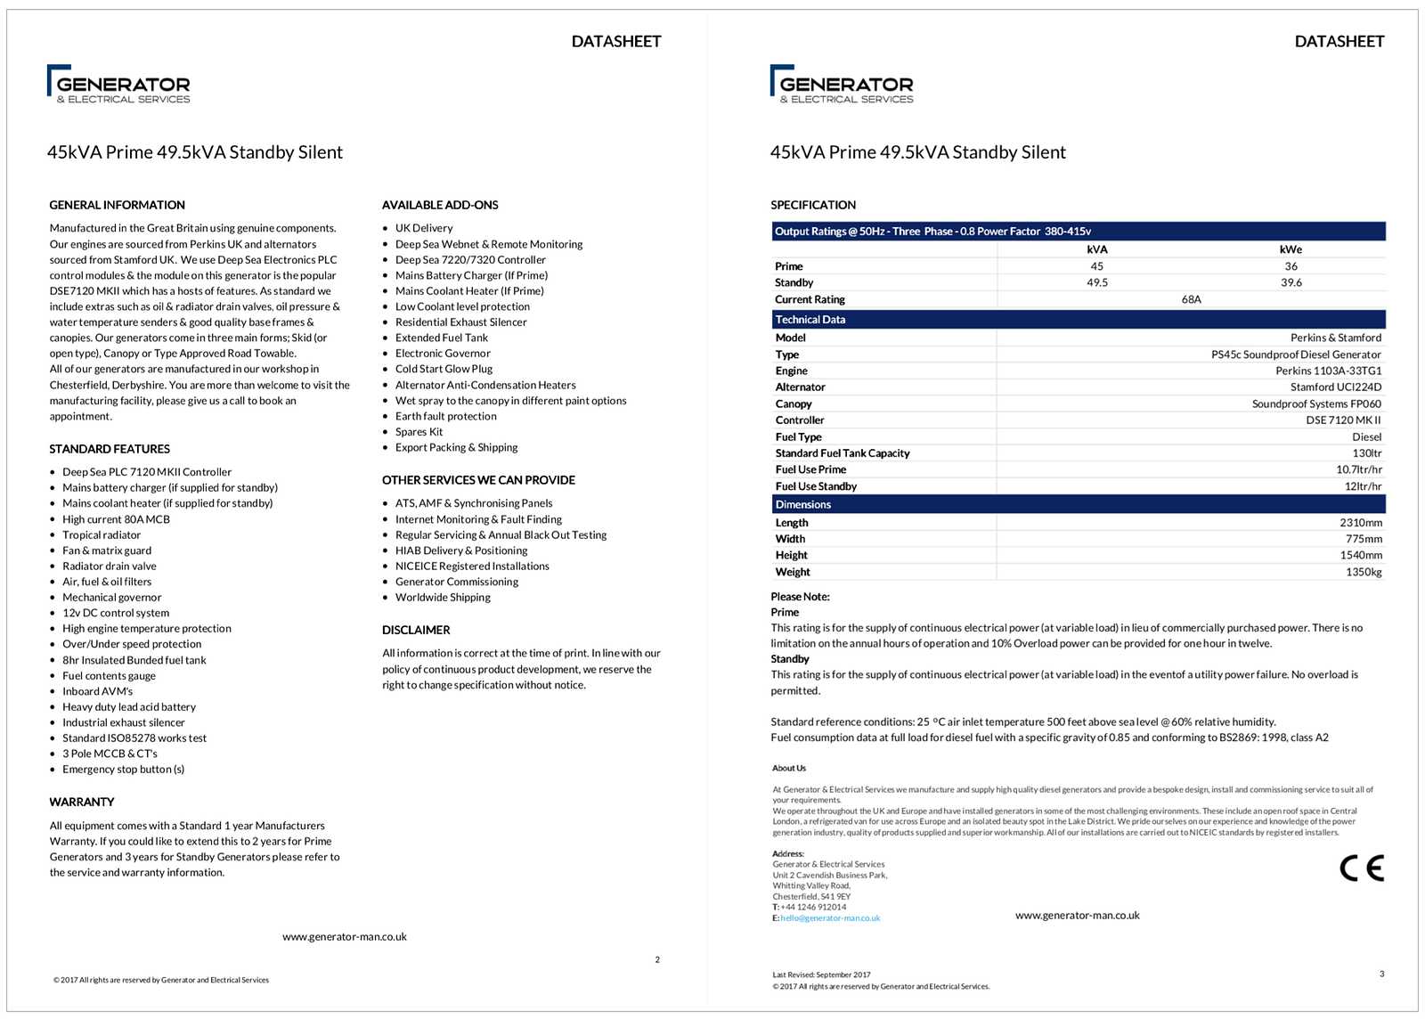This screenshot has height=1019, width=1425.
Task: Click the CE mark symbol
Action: click(x=1362, y=868)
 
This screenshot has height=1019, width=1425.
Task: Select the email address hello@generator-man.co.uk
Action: click(x=830, y=918)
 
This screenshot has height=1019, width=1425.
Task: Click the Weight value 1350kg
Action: click(x=1364, y=572)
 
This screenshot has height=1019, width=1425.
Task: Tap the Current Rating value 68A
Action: click(x=1191, y=299)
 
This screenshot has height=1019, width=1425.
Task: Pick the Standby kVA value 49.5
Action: click(x=1096, y=282)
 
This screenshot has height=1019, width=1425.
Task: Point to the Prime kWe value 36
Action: click(x=1291, y=266)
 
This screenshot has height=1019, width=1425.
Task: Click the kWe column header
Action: click(x=1291, y=249)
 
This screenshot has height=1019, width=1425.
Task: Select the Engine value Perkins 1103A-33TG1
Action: click(x=1328, y=371)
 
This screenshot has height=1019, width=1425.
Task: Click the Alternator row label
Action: click(x=800, y=387)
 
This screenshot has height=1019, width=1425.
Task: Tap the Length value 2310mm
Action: click(x=1361, y=523)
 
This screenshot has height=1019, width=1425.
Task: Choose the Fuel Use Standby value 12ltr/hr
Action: click(x=1363, y=486)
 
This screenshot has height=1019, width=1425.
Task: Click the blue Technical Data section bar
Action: click(x=1078, y=320)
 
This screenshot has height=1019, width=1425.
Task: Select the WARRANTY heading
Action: click(x=82, y=802)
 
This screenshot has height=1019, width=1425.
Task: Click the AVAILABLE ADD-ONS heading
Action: click(x=440, y=205)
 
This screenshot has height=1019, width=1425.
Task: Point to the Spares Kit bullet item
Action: click(x=419, y=432)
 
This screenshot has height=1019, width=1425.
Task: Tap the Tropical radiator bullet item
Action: click(x=102, y=535)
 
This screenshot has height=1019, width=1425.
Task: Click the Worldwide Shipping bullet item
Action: click(x=443, y=598)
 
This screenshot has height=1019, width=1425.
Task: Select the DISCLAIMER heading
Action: click(x=416, y=630)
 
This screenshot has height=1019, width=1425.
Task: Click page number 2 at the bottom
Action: click(x=657, y=959)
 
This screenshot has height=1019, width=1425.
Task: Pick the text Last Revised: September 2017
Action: click(x=821, y=974)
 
